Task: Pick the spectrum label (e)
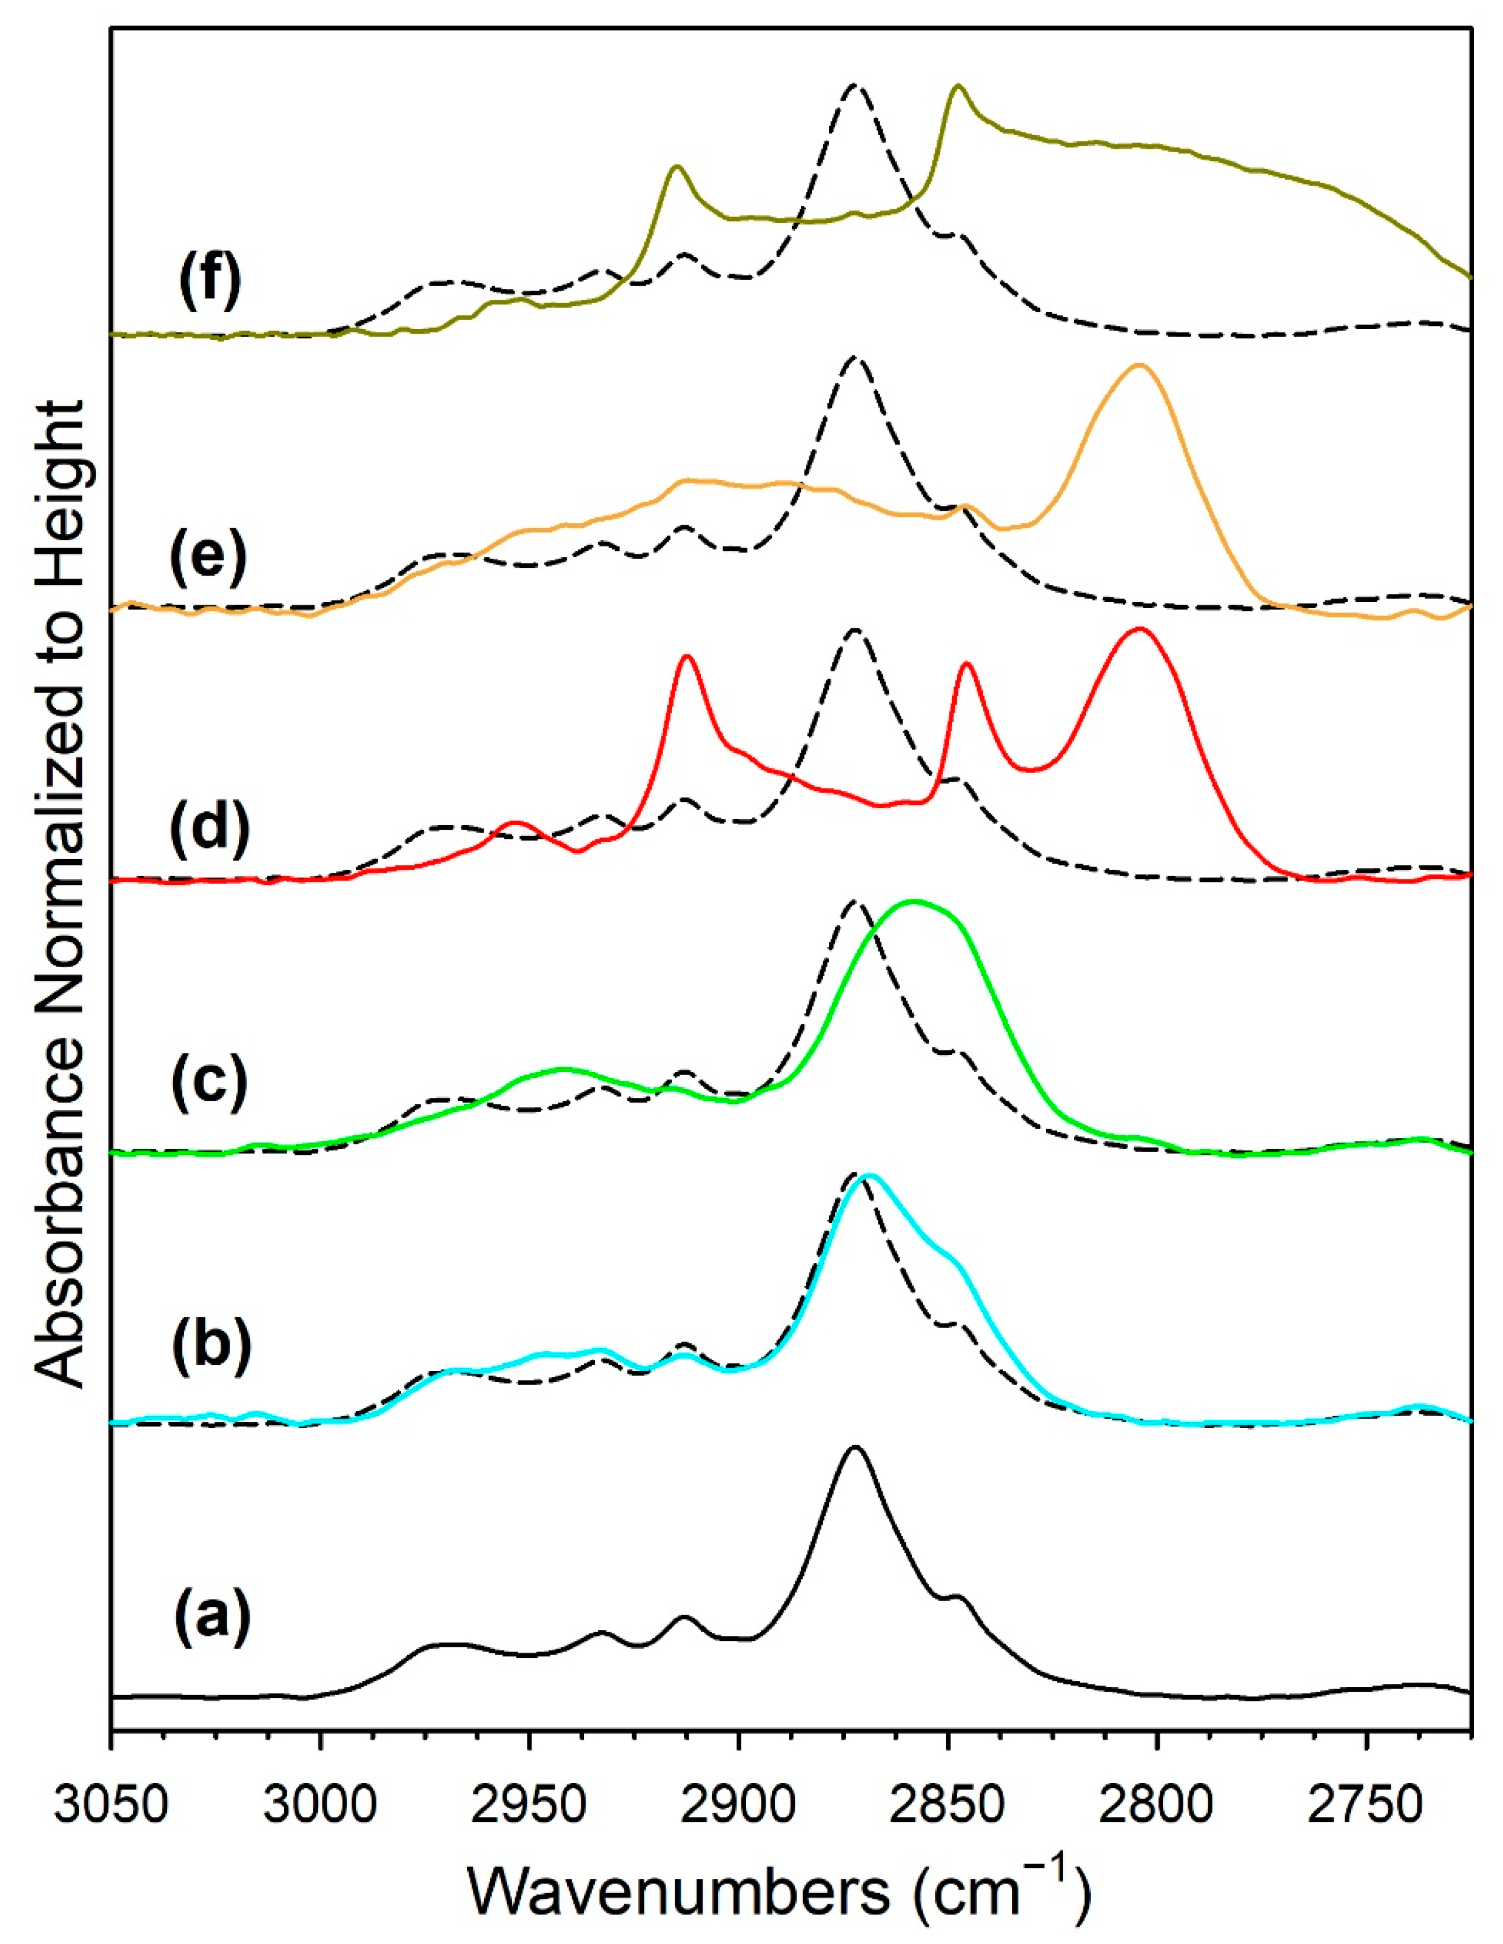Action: [209, 559]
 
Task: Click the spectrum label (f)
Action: [209, 283]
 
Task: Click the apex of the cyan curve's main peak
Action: [869, 1176]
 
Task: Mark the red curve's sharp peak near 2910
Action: [686, 657]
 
